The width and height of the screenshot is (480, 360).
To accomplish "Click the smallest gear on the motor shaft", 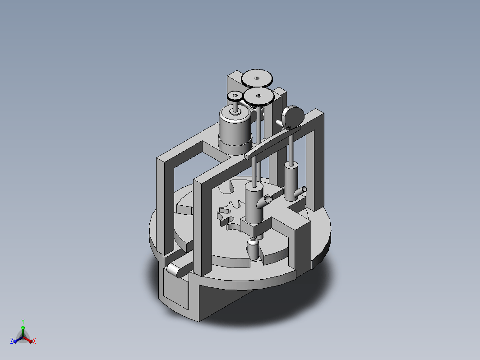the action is click(235, 97).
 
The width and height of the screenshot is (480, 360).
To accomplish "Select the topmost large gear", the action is click(257, 78).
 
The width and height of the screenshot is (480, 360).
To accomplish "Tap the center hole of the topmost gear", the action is click(257, 78).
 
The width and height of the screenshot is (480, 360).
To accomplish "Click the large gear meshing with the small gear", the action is click(258, 97).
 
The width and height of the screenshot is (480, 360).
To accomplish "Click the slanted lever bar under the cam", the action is click(272, 143).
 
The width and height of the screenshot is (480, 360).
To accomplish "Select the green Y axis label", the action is click(23, 321).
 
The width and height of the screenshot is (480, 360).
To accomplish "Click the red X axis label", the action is click(34, 341).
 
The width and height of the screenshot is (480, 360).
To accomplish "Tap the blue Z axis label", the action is click(12, 341).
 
